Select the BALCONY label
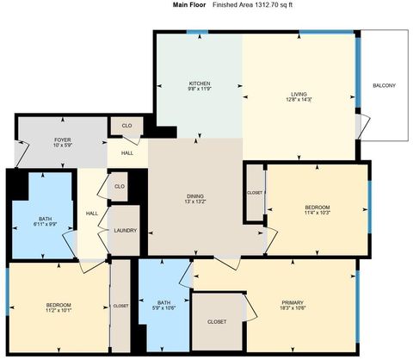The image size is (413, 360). point(384,86)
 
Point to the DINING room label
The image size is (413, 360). point(195,196)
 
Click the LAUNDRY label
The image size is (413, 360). point(125,230)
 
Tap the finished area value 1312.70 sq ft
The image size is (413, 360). point(254,5)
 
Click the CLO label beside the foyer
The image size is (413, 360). point(126,127)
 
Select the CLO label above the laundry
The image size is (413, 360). point(120,186)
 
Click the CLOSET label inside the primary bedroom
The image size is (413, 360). point(217,321)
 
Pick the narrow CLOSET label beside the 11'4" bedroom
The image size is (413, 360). point(254,193)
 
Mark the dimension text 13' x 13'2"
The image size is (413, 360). point(195,203)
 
